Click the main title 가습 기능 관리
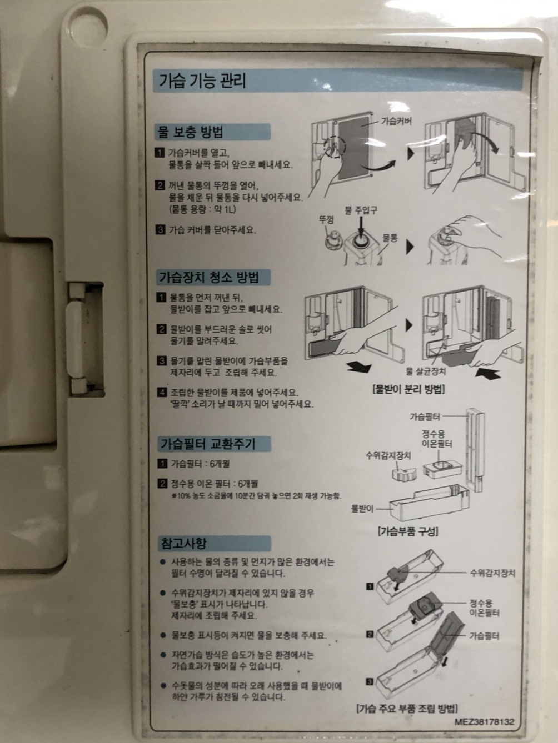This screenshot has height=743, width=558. click(x=202, y=81)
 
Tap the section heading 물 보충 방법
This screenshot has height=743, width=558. click(x=190, y=132)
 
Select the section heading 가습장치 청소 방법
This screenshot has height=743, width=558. click(x=209, y=278)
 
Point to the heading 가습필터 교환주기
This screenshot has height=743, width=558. click(x=208, y=444)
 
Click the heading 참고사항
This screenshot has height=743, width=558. click(x=183, y=544)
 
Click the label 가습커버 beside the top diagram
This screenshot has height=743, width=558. click(x=396, y=121)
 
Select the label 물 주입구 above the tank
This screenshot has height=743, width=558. click(x=361, y=210)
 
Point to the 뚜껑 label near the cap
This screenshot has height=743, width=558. click(x=326, y=220)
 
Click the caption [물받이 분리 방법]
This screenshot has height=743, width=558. click(x=408, y=389)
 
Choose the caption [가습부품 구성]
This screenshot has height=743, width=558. click(x=408, y=531)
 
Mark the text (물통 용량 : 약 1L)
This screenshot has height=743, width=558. click(x=202, y=209)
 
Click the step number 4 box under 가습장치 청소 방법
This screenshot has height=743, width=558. click(x=162, y=392)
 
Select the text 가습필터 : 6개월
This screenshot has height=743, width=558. click(x=200, y=464)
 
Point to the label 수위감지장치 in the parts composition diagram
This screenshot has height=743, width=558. click(x=388, y=455)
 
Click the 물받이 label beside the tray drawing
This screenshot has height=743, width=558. click(x=362, y=509)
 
